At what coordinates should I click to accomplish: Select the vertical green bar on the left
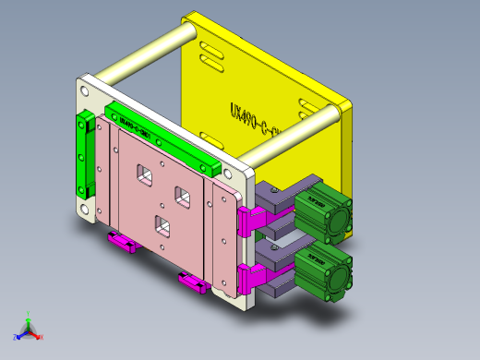85,157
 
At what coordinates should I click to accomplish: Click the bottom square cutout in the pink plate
162,225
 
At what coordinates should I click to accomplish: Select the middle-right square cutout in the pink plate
182,196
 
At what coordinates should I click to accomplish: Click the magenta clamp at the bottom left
123,242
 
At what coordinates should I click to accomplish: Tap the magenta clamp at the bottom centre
192,281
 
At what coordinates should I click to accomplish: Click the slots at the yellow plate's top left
209,54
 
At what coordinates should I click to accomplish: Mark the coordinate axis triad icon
28,329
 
